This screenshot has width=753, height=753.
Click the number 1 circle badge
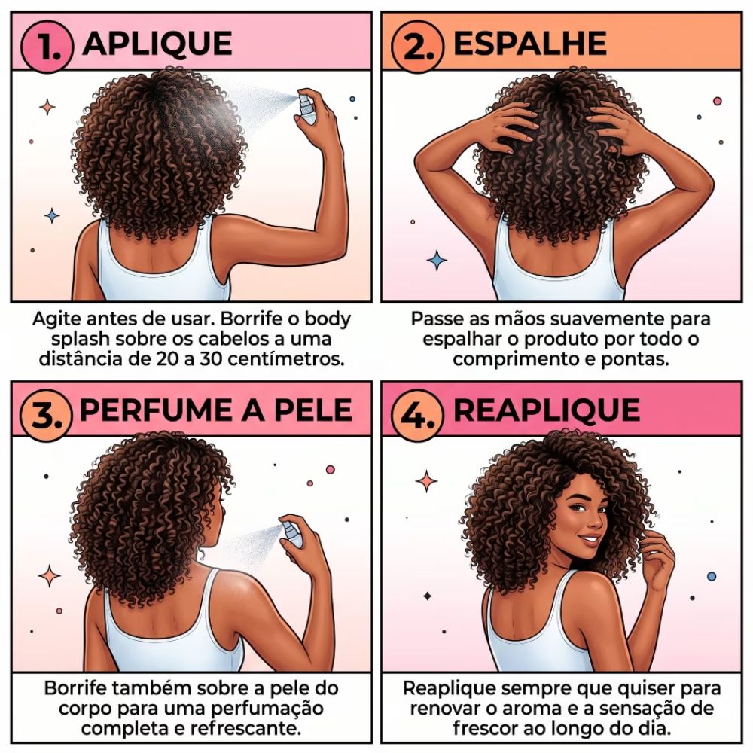47,46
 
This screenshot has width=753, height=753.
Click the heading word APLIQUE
157,44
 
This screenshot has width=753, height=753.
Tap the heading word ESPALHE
530,44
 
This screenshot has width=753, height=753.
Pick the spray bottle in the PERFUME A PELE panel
292,533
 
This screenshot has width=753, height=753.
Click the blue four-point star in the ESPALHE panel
437,261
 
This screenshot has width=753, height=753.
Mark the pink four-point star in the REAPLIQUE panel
426,481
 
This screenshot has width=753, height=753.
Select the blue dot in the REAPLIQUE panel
712,576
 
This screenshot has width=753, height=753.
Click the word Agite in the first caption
53,319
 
